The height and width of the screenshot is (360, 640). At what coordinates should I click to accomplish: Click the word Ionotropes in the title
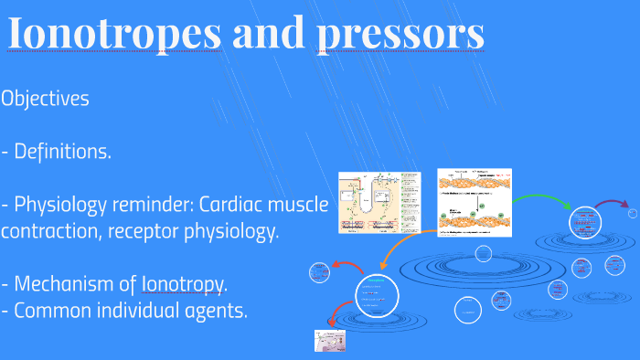click(115, 35)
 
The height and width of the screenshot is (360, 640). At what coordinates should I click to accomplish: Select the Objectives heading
click(46, 99)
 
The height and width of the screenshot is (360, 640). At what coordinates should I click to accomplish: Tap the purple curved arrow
click(612, 203)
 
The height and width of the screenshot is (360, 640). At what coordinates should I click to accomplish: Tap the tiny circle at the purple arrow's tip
click(632, 213)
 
